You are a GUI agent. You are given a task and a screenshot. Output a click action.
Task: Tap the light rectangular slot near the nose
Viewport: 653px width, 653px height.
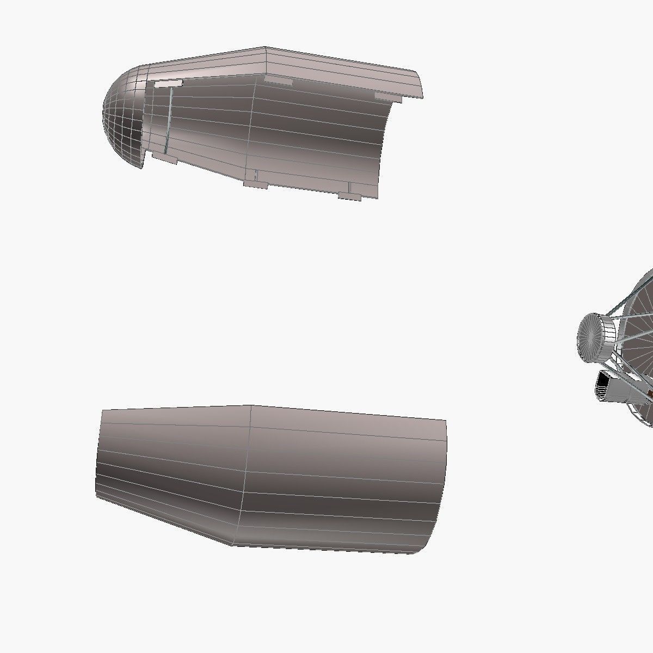(x=168, y=83)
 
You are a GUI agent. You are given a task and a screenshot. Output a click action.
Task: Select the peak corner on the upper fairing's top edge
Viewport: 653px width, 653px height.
(x=266, y=48)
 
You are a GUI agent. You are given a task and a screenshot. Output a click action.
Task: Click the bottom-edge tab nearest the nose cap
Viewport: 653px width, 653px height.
(x=164, y=160)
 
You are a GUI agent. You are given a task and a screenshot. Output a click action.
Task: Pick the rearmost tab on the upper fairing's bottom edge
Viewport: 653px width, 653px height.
(x=349, y=195)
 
